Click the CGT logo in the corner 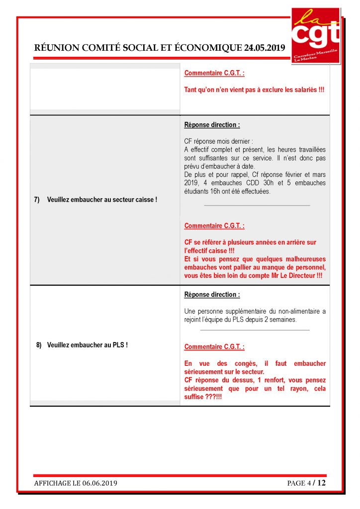tap(315, 35)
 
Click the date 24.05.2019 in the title tap(264, 48)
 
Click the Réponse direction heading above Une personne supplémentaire tap(212, 295)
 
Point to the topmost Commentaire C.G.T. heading tap(214, 73)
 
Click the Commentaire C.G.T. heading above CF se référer tap(214, 226)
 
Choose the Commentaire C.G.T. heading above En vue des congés tap(214, 347)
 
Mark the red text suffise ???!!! tap(203, 397)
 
